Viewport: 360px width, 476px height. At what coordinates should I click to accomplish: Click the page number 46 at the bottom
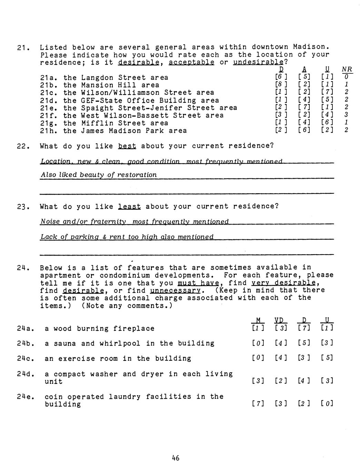click(176, 458)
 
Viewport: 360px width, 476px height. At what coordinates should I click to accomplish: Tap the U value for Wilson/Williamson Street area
click(327, 93)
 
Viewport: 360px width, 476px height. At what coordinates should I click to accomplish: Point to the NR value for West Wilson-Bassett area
click(347, 115)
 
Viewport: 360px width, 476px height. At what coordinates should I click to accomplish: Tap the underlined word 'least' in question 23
click(129, 207)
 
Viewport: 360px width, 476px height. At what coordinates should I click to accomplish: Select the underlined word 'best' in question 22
click(127, 146)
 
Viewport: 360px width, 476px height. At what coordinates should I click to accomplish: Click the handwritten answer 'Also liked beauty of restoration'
click(99, 175)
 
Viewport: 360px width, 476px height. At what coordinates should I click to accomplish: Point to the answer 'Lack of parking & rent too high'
click(127, 237)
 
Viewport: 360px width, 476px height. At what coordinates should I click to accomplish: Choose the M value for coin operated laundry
click(258, 404)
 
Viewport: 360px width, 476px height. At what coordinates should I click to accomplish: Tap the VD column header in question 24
click(281, 320)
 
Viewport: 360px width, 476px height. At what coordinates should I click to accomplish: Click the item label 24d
click(26, 374)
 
